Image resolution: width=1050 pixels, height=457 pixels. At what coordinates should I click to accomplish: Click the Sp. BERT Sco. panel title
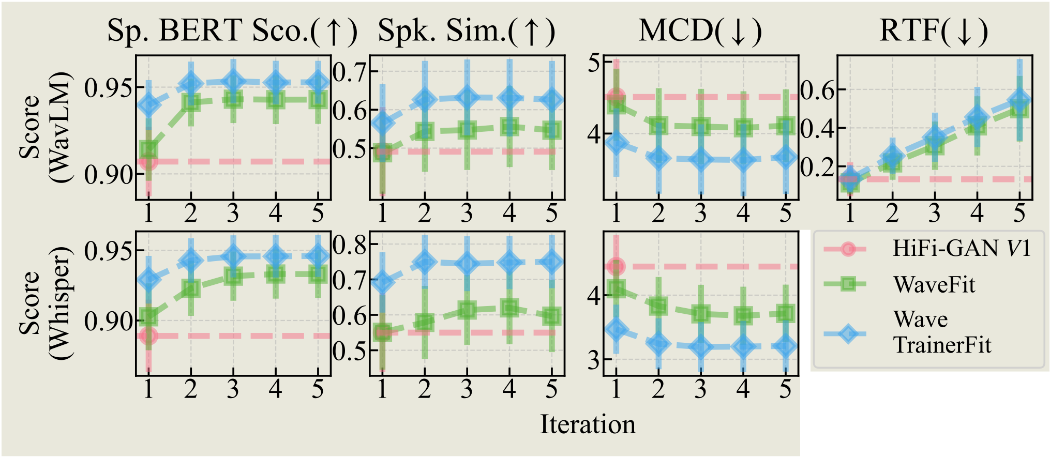click(232, 31)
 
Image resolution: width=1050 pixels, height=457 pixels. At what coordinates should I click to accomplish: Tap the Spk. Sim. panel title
click(467, 31)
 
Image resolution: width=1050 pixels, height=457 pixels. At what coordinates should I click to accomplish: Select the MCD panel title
click(700, 31)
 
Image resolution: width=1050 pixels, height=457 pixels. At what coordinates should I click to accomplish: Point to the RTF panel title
click(934, 31)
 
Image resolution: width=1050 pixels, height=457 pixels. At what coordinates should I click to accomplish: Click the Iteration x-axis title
click(588, 425)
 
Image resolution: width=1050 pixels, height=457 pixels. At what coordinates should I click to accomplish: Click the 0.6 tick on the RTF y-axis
click(817, 90)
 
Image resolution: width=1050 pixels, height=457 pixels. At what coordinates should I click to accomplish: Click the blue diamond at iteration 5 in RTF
click(1019, 101)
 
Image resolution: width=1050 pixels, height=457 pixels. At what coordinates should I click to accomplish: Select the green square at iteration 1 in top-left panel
click(148, 150)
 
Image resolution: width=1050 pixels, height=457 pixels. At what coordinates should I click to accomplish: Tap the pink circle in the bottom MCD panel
click(616, 267)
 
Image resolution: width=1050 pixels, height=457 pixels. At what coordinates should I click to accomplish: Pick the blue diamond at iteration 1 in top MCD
click(616, 143)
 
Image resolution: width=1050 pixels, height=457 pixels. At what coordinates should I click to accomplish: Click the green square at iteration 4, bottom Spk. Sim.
click(509, 309)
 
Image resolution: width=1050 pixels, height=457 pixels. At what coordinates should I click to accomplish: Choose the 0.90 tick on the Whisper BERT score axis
click(106, 322)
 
